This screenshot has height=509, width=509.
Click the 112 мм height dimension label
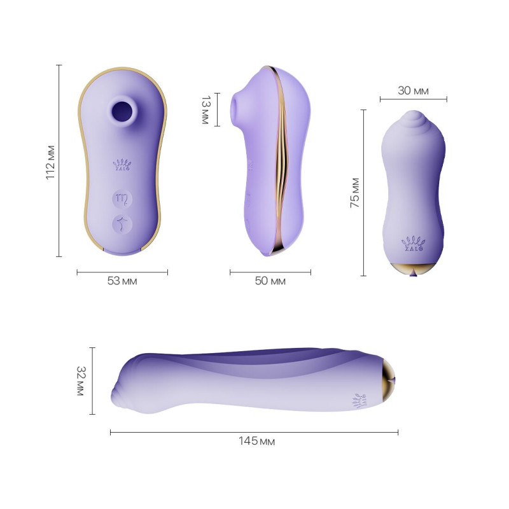(x=51, y=162)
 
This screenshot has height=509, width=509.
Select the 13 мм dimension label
(x=204, y=109)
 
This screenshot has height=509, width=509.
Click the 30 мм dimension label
(x=414, y=91)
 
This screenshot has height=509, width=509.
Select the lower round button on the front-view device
(x=122, y=223)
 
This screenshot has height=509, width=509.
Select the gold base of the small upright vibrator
(x=413, y=268)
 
